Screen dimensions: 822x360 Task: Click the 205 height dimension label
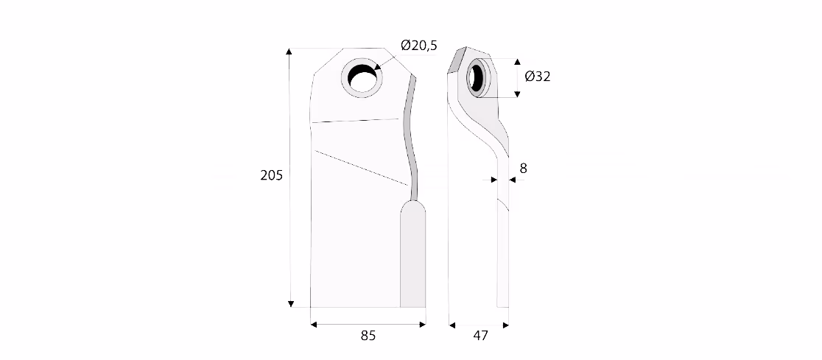(x=271, y=175)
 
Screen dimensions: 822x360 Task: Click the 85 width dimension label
(x=368, y=336)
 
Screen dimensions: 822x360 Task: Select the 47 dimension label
(x=480, y=336)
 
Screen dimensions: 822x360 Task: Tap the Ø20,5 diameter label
(x=419, y=46)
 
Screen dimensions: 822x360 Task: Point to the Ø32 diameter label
(x=538, y=77)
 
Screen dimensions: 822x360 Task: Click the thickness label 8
(x=523, y=168)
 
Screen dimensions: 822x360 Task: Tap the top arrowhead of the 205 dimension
(x=289, y=52)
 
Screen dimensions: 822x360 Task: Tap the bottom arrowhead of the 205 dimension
(x=292, y=304)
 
